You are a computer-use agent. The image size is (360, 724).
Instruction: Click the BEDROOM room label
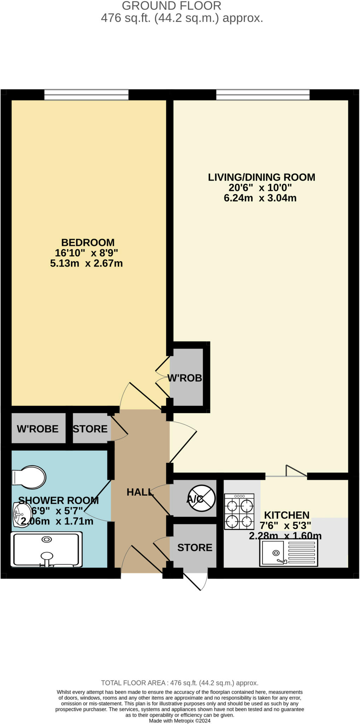point(88,243)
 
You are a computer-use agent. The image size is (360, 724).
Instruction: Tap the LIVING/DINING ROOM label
point(261,177)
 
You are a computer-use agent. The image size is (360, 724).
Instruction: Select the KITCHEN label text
point(287,515)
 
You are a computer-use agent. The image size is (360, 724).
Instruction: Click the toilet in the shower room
point(29,477)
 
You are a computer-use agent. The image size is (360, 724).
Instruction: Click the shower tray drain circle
point(47,539)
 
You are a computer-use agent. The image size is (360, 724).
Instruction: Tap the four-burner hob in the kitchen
point(240,512)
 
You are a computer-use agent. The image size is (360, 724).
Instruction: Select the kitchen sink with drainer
point(289,553)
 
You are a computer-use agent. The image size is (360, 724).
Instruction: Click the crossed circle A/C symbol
point(201,499)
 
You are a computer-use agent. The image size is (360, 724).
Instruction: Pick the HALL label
point(140,492)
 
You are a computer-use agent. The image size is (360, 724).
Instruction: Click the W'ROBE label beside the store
point(38,429)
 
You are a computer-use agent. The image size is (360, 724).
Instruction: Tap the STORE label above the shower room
point(90,429)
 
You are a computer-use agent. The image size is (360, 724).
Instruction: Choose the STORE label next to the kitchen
point(195,548)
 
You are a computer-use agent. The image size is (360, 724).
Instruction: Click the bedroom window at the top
point(87,95)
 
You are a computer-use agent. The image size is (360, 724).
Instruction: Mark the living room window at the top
point(263,95)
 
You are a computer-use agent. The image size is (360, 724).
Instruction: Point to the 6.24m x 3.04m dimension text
point(260,198)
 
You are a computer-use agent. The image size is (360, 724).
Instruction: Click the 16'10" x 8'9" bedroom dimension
point(86,253)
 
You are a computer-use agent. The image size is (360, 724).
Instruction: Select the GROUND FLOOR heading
point(172,6)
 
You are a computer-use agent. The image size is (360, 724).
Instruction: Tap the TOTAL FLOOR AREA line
point(180,683)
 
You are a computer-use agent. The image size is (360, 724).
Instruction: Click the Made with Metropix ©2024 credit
point(180,721)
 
